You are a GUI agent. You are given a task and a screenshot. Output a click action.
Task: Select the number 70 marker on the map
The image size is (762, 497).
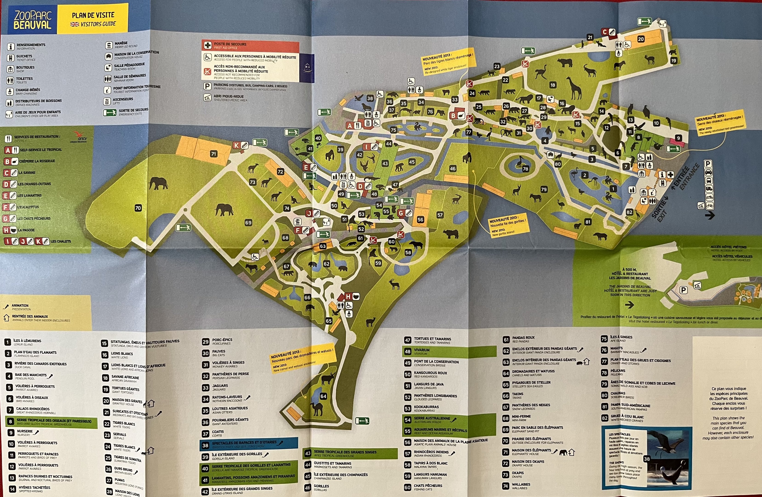(138, 208)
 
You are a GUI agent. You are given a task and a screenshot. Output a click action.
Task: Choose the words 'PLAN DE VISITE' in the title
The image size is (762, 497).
(93, 15)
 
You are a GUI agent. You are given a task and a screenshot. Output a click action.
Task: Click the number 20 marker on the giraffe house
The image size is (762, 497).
(641, 39)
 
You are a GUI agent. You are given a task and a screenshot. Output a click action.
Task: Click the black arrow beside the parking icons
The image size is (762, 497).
(710, 215)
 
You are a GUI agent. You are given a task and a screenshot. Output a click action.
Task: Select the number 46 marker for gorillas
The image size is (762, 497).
(453, 169)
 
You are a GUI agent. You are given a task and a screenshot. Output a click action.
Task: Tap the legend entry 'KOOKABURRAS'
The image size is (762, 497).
(426, 407)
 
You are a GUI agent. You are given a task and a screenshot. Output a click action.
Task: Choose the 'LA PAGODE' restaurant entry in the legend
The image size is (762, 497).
(26, 230)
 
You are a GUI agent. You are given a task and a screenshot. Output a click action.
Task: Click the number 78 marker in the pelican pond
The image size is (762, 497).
(525, 169)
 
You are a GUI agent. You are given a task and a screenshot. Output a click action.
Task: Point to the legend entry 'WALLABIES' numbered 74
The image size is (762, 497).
(521, 485)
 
